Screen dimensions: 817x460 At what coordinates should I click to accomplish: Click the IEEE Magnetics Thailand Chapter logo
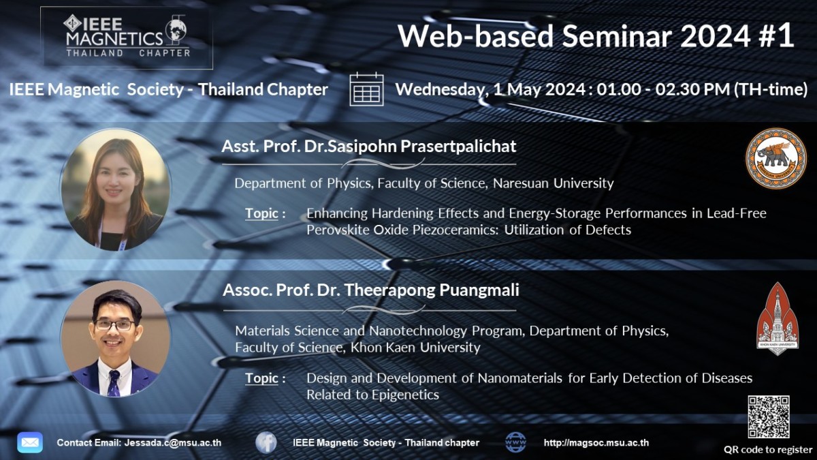click(x=127, y=37)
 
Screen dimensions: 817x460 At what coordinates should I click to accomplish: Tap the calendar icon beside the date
click(x=366, y=89)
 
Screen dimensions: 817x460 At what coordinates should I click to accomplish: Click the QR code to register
click(x=769, y=416)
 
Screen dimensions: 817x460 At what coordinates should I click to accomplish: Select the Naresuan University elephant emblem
click(x=776, y=158)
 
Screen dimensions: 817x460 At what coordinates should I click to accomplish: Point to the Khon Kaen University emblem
click(x=778, y=319)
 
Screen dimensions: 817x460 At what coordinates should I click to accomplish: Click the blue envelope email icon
click(x=30, y=442)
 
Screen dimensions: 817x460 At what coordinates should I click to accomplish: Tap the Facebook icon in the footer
click(x=266, y=442)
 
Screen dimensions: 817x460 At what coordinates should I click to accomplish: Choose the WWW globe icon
click(x=515, y=442)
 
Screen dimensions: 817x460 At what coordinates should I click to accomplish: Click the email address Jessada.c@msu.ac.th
click(x=173, y=443)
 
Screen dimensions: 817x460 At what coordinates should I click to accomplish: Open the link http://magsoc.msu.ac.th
click(x=596, y=443)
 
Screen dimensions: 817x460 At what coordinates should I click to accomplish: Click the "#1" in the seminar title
click(x=777, y=35)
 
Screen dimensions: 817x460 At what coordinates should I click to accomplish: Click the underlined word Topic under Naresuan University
click(x=261, y=213)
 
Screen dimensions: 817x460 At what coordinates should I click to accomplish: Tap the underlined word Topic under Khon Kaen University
click(x=261, y=378)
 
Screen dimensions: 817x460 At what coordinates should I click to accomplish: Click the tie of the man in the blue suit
click(x=114, y=383)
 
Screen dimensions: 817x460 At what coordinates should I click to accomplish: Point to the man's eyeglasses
click(x=114, y=325)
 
